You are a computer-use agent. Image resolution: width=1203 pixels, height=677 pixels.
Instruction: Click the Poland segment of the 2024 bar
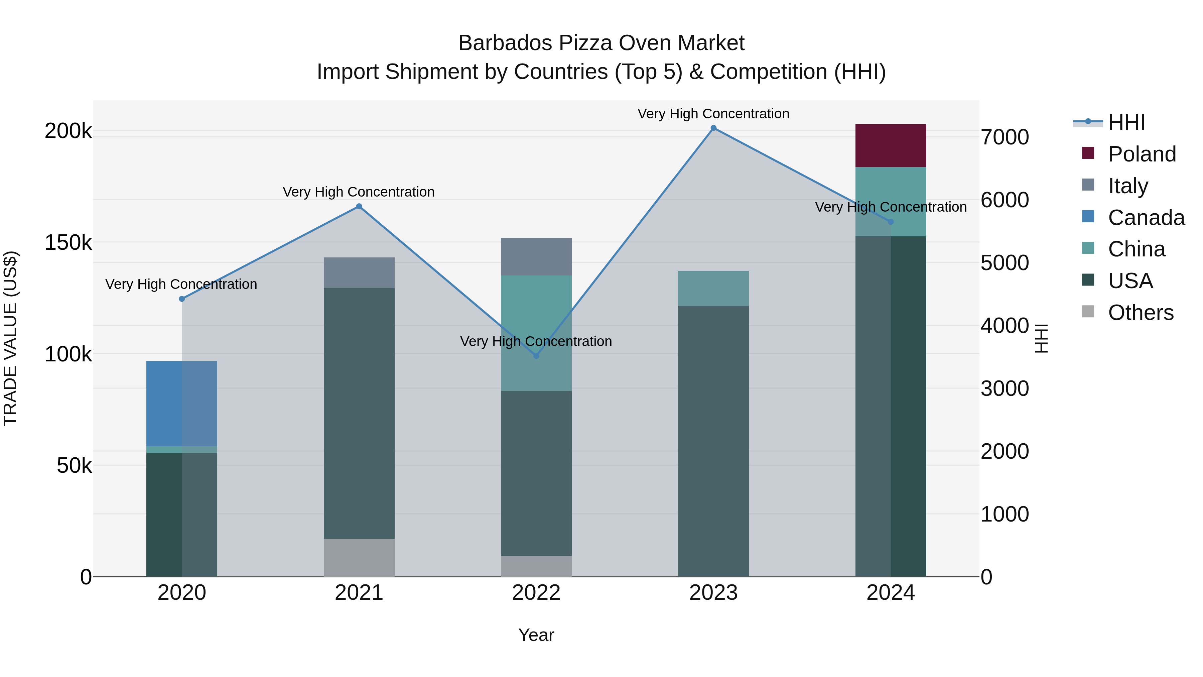pos(890,145)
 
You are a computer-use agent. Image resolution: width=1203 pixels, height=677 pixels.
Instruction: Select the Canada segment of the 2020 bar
pos(182,403)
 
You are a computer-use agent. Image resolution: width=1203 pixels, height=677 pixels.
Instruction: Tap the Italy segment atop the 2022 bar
pos(536,256)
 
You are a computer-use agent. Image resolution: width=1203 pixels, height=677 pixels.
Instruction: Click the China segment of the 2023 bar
pos(713,288)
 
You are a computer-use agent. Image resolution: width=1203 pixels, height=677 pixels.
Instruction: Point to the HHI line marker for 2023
pos(713,128)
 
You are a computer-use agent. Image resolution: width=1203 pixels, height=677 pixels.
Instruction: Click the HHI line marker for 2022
pos(536,356)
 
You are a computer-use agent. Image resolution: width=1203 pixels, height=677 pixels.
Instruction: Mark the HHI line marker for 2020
pos(182,299)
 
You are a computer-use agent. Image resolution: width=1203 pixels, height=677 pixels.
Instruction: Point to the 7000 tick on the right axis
pos(1004,137)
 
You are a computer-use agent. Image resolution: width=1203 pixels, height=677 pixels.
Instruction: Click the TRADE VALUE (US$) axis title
pos(10,338)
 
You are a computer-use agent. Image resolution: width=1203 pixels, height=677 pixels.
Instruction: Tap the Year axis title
pos(536,635)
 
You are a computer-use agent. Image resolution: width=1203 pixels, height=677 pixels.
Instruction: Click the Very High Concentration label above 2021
pos(359,192)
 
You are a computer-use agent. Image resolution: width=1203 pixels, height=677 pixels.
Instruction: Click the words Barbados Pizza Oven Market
pos(601,43)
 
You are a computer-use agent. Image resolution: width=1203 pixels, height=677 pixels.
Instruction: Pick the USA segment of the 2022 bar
pos(536,473)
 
